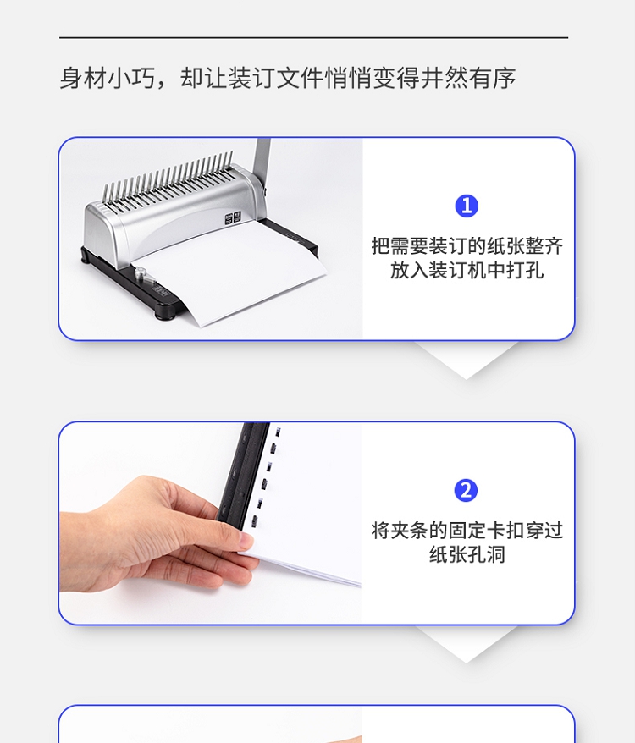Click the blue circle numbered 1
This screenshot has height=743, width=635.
tap(467, 206)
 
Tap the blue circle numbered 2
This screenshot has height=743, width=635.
tap(467, 491)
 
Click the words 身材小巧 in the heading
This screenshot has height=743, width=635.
tap(108, 78)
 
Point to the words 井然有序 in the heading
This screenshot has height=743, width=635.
tap(467, 78)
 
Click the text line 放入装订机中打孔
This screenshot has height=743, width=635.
tap(467, 271)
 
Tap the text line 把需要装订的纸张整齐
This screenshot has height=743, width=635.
tap(467, 246)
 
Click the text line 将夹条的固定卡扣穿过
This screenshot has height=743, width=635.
tap(467, 531)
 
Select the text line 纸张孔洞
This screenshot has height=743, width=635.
tap(467, 554)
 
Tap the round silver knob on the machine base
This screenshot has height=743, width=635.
tap(141, 273)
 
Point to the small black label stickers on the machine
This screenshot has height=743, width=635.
tap(233, 218)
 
